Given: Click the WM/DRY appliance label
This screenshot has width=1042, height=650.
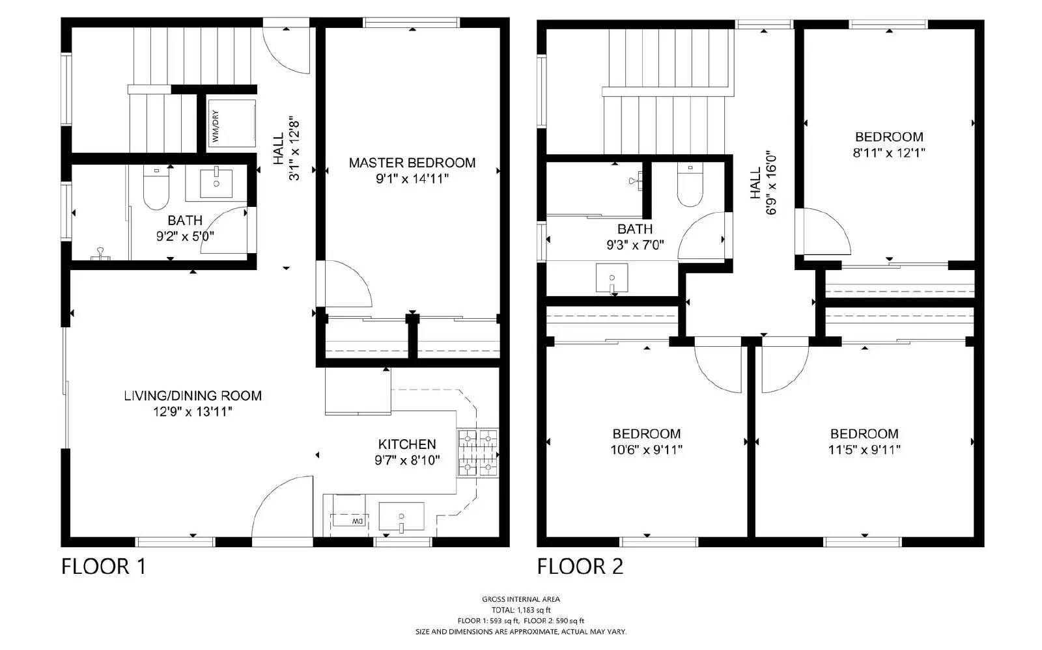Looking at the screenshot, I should [216, 126].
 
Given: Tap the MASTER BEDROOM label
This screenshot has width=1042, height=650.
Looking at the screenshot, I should [412, 163].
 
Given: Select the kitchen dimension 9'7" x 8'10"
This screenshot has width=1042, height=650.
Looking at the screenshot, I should [407, 461].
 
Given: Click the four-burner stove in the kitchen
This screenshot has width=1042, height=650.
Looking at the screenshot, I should [477, 454].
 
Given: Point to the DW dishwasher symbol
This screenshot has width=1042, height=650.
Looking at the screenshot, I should [356, 521].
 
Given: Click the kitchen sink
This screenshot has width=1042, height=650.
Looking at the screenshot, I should [401, 517].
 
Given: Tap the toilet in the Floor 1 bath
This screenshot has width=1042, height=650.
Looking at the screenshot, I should [156, 188].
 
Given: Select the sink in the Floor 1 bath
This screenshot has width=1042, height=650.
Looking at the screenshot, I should [216, 183].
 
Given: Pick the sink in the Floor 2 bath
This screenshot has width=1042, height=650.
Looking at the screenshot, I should [612, 278].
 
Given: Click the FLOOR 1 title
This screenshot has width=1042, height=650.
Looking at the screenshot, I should [104, 566].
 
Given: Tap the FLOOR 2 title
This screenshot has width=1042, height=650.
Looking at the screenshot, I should [580, 566].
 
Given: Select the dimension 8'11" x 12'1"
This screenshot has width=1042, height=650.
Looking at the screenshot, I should [889, 153].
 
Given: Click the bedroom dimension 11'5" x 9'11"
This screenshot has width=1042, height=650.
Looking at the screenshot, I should [864, 450].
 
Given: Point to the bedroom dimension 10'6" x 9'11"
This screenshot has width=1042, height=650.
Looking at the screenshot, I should [647, 450].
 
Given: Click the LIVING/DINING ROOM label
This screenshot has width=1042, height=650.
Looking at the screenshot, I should [193, 396].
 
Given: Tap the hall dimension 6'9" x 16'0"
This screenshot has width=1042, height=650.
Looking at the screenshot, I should [772, 183].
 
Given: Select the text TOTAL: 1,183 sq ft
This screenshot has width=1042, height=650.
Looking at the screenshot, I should [520, 610].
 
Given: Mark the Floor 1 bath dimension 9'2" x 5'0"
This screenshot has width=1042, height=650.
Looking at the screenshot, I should [185, 237].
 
